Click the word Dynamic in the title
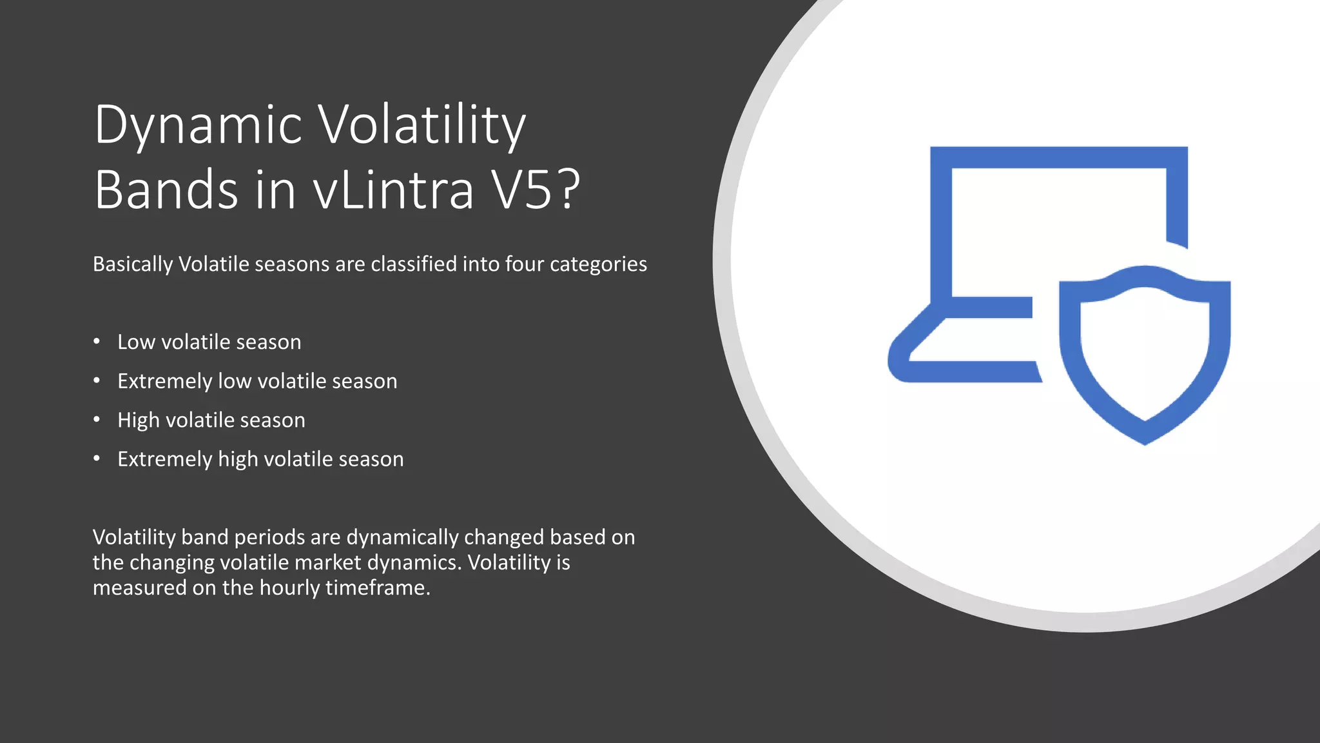198,125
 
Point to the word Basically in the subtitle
133,264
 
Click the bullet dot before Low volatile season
97,342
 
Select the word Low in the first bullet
136,342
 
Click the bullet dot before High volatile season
97,420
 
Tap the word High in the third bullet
138,421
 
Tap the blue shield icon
1145,355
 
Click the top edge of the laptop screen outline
1058,157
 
